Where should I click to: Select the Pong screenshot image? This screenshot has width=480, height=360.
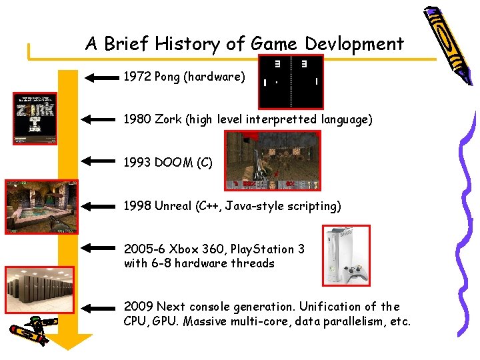[290, 81]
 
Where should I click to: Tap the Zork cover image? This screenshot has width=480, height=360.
[35, 118]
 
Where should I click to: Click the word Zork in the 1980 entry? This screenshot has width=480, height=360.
[168, 119]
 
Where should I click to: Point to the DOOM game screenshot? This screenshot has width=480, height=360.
[273, 161]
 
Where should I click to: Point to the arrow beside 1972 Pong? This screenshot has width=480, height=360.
[100, 77]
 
